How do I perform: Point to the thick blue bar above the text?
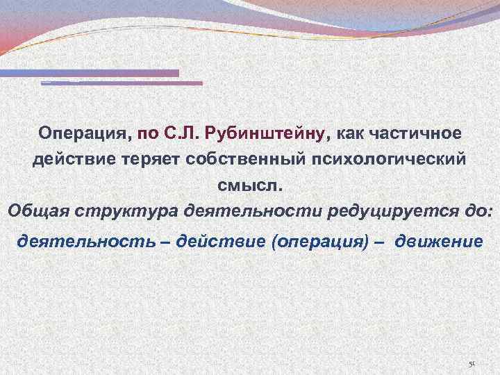click(x=90, y=73)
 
